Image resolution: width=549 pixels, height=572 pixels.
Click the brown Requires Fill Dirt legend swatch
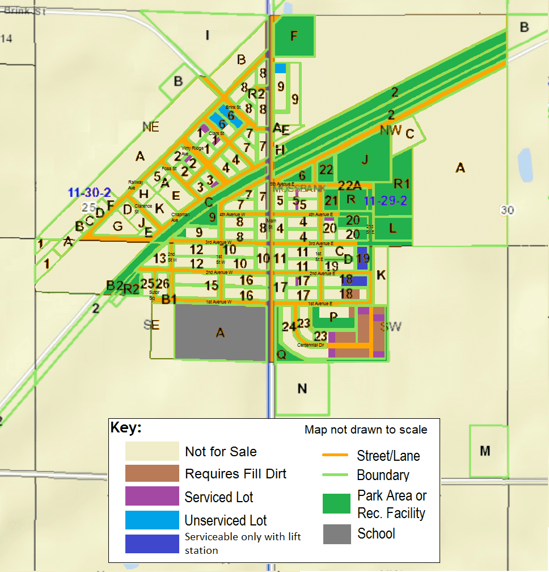152,473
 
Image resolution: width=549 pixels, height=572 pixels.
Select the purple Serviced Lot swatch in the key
152,497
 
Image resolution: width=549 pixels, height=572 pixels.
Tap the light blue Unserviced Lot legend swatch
152,520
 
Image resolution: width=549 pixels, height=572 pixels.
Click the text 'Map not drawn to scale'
366,430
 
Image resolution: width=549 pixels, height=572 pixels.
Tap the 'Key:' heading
126,427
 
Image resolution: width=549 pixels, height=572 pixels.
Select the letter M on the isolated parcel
485,451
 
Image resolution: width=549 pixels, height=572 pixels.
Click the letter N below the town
302,389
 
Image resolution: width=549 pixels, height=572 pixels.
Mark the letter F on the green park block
294,36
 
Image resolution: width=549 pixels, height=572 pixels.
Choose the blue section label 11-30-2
90,192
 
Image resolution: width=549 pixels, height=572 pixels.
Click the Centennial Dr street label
310,345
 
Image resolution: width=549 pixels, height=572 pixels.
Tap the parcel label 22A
349,185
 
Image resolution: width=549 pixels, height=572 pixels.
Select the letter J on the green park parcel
365,159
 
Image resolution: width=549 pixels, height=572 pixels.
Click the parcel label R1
402,183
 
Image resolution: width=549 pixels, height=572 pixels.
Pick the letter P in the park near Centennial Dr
333,316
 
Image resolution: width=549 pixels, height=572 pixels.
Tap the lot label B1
169,300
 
